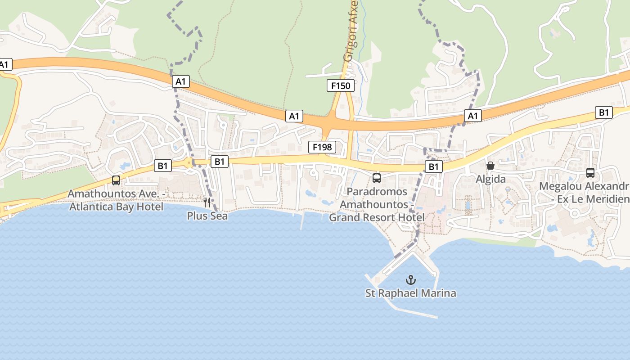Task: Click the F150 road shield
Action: pyautogui.click(x=341, y=85)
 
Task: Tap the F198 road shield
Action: pyautogui.click(x=322, y=147)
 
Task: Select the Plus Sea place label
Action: pyautogui.click(x=207, y=216)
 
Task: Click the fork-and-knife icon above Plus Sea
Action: pyautogui.click(x=207, y=202)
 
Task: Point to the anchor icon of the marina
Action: pyautogui.click(x=410, y=280)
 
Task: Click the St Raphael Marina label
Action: pyautogui.click(x=410, y=293)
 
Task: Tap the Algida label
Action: pyautogui.click(x=491, y=179)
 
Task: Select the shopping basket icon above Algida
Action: pyautogui.click(x=490, y=166)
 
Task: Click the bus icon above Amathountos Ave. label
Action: pyautogui.click(x=116, y=180)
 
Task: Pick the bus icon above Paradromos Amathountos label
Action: pyautogui.click(x=377, y=178)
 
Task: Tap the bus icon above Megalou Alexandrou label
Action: pyautogui.click(x=590, y=172)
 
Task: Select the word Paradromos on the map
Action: pyautogui.click(x=377, y=192)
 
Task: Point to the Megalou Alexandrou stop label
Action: pyautogui.click(x=584, y=186)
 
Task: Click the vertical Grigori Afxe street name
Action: pyautogui.click(x=350, y=31)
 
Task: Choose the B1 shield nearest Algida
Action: pyautogui.click(x=433, y=167)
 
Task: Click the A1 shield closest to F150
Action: pyautogui.click(x=294, y=116)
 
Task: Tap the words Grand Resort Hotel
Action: pyautogui.click(x=377, y=218)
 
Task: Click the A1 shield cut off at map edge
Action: pyautogui.click(x=4, y=65)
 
